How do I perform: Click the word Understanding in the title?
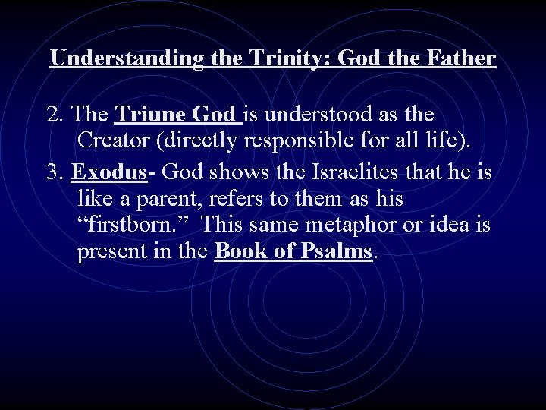click(126, 58)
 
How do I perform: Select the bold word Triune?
click(149, 115)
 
